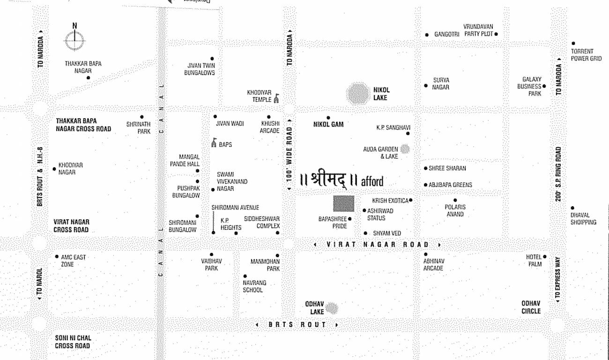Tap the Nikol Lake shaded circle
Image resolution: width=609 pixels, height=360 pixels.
coord(358,93)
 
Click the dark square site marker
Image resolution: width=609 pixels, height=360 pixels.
coord(343,204)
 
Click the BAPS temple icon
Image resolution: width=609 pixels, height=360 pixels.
coord(214,142)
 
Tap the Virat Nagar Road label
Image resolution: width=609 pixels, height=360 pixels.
coord(377,244)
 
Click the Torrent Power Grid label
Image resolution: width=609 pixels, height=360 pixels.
coord(586,55)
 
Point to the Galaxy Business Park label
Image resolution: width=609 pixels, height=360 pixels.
coord(529,87)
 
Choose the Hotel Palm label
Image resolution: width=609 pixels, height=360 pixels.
coord(534,260)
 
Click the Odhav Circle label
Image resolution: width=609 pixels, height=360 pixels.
coord(531,307)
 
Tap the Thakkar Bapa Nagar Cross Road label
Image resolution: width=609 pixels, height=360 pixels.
coord(83,125)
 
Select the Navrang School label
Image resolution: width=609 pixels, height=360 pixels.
coord(253,286)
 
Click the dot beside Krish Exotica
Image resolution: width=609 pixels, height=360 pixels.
coord(411,200)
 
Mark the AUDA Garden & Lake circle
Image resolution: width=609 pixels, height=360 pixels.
coord(405,149)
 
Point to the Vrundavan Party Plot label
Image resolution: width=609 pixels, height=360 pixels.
coord(478,30)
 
